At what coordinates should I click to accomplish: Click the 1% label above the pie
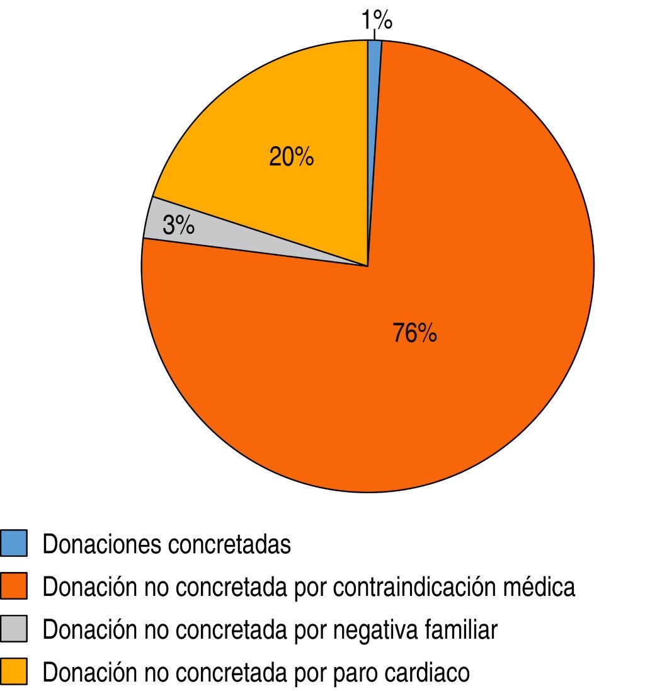[377, 21]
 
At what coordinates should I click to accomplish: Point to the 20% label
[291, 157]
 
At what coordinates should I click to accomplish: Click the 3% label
[178, 226]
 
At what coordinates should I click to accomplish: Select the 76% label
[414, 333]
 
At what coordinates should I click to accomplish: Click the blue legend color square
[14, 544]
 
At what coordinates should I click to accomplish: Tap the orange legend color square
[14, 586]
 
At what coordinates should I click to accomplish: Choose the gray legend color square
[14, 629]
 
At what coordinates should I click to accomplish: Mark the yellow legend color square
[14, 672]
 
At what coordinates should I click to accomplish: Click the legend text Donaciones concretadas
[167, 544]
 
